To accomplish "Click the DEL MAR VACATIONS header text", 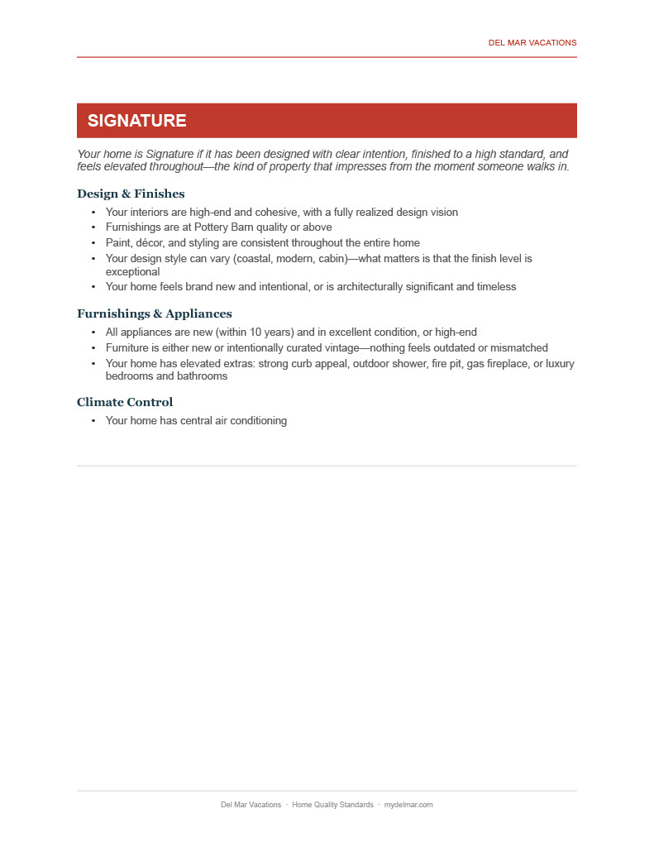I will (x=532, y=43).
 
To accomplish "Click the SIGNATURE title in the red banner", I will (x=136, y=121).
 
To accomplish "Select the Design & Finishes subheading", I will (x=131, y=194).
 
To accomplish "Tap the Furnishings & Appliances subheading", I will (x=154, y=313).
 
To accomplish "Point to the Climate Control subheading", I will (x=125, y=402).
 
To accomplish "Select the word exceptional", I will (x=132, y=271).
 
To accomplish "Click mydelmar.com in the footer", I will (x=408, y=805).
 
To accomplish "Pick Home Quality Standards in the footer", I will (x=332, y=805).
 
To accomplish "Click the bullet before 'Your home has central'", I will (x=93, y=421).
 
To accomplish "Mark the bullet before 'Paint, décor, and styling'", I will (x=93, y=243).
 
